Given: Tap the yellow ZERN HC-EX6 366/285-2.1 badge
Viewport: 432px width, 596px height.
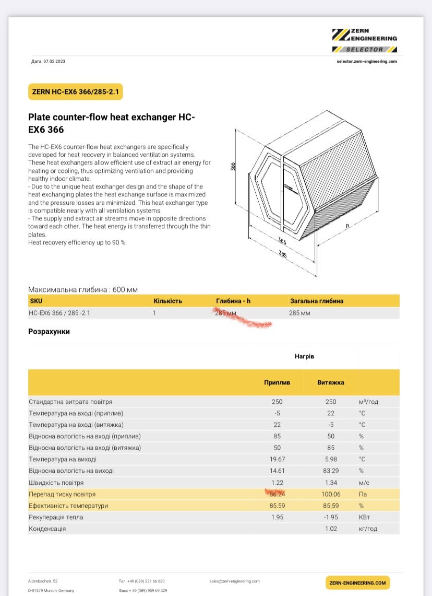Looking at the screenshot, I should [x=75, y=92].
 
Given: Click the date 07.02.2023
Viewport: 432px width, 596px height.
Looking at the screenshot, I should [x=55, y=62].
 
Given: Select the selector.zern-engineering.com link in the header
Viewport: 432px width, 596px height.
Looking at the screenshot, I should [x=367, y=62].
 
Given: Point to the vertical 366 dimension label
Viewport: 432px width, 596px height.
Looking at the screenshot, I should [x=233, y=166].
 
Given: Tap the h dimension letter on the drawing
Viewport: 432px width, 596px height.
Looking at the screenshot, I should [x=346, y=226].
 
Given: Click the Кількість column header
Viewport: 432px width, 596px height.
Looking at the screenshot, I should [x=167, y=301].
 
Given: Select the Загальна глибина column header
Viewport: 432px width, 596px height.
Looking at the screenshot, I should [x=316, y=301].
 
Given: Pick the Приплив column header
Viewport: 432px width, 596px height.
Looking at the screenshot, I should [x=277, y=382].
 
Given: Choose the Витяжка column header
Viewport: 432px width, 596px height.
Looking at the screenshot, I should [x=330, y=382].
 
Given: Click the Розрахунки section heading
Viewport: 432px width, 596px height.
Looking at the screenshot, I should [x=49, y=331].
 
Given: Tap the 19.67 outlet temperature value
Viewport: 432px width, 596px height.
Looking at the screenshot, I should [x=277, y=459].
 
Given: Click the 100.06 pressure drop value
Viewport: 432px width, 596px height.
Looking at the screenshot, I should [x=330, y=494].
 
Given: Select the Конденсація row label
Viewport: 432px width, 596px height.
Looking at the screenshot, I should [x=47, y=528].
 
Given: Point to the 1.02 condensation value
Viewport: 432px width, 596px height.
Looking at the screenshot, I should [x=330, y=528].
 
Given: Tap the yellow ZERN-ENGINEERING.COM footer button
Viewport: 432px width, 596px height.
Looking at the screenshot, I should [x=357, y=582].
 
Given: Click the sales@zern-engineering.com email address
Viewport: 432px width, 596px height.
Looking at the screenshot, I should [x=234, y=581].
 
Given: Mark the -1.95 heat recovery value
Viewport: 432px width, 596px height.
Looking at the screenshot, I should [x=330, y=517].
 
